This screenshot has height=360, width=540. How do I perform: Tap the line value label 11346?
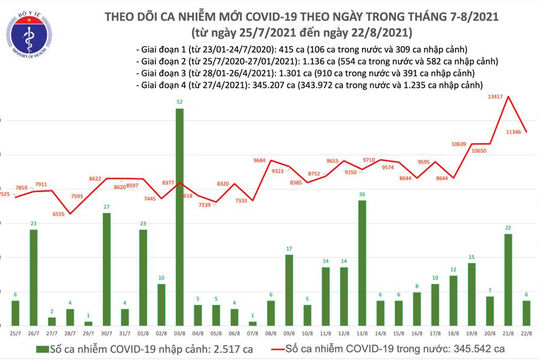click(519, 131)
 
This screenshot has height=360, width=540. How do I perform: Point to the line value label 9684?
click(264, 160)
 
